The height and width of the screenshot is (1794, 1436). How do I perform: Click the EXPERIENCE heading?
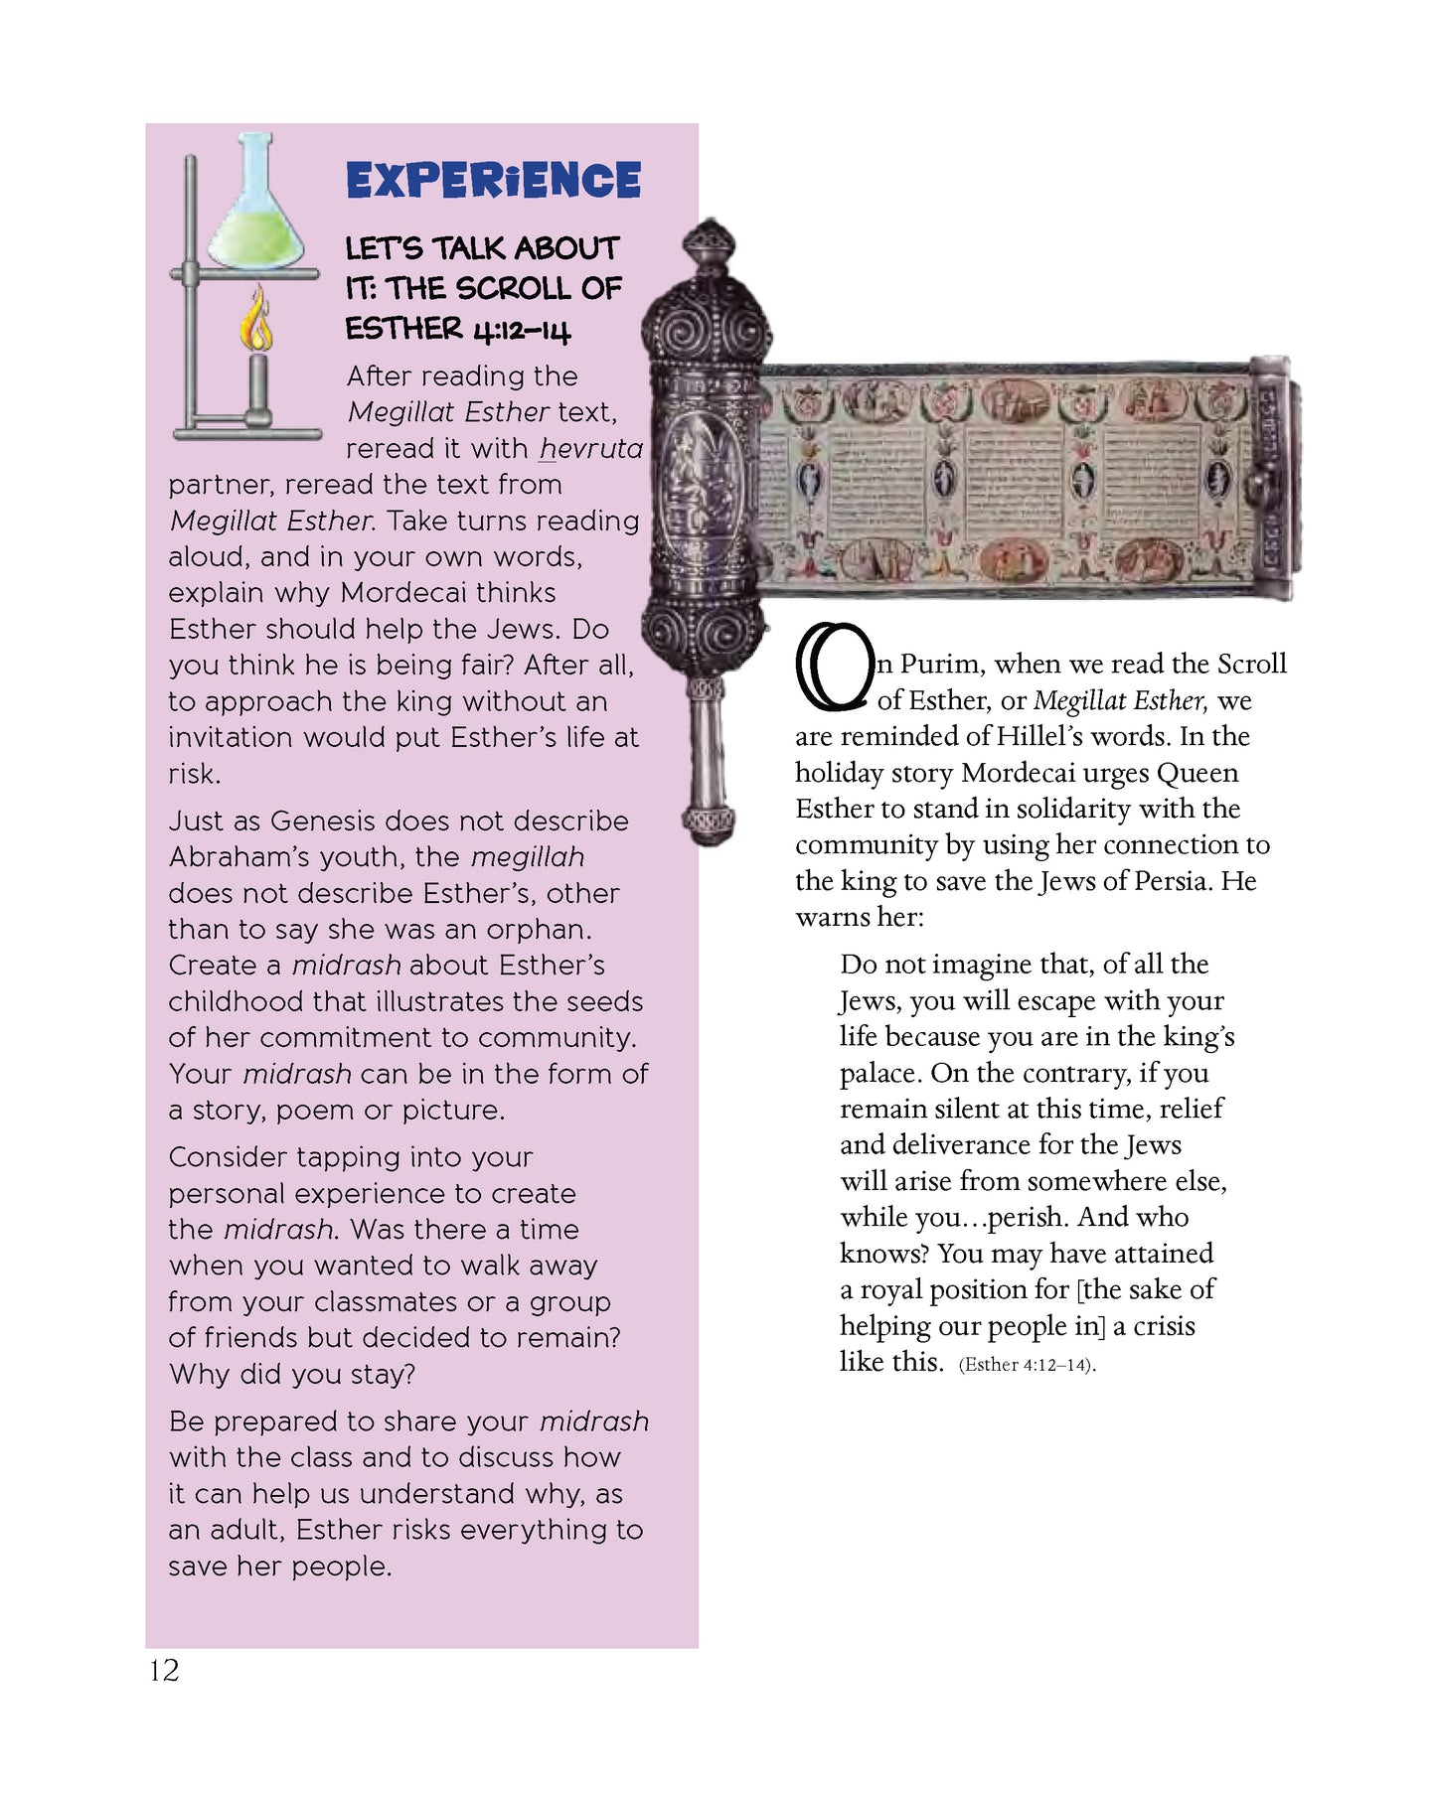[x=493, y=181]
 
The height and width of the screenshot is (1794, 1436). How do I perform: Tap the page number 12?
[x=164, y=1670]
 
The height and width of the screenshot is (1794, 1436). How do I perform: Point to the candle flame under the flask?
[x=259, y=323]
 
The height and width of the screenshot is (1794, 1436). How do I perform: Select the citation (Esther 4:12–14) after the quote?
[x=1027, y=1365]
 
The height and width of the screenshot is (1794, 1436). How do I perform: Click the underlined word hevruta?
[x=590, y=449]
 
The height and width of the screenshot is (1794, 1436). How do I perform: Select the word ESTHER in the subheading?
[x=403, y=329]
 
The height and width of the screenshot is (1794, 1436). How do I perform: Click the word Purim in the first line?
[x=942, y=664]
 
